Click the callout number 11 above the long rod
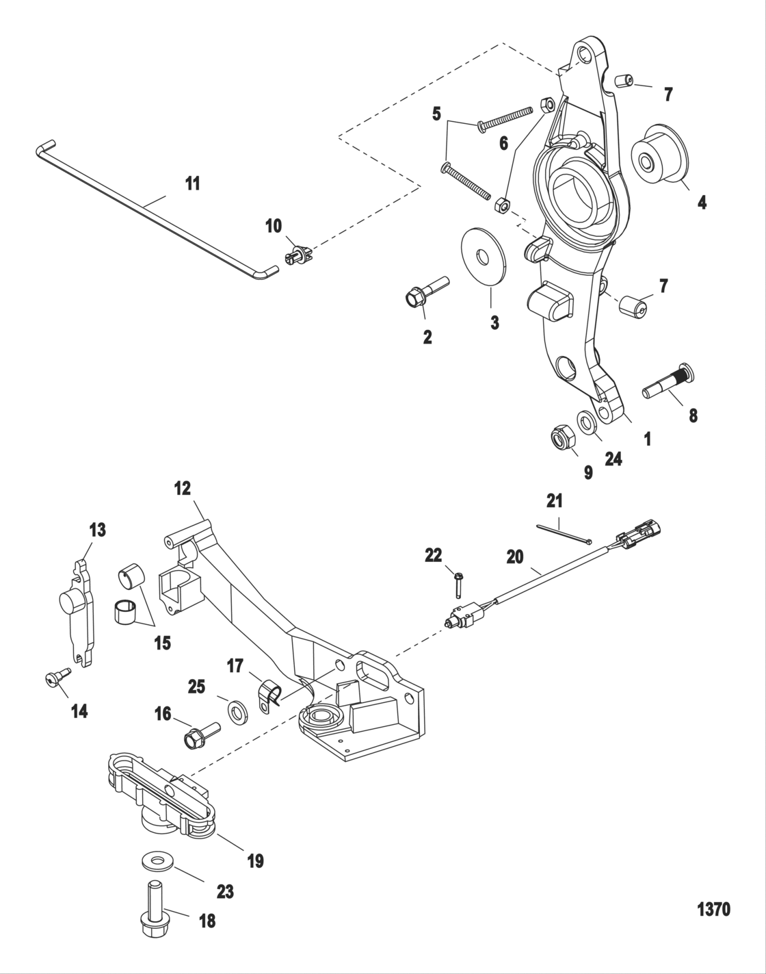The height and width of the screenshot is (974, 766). [x=193, y=183]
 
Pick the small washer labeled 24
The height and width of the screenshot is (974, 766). [x=587, y=420]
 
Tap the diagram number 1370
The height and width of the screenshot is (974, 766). [x=713, y=910]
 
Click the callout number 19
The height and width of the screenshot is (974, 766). [x=254, y=860]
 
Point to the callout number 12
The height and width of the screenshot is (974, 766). [x=183, y=489]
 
